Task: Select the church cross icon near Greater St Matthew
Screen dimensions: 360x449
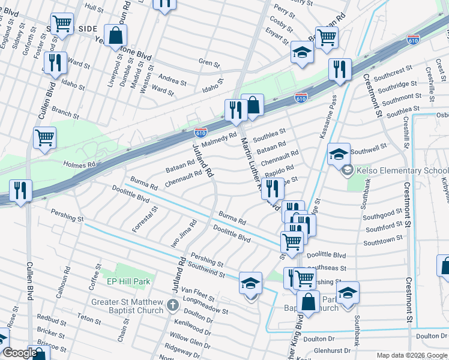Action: [x=172, y=305]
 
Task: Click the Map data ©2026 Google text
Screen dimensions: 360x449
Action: [x=411, y=355]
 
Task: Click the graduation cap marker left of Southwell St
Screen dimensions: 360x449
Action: [x=339, y=154]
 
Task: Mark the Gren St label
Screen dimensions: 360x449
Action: [x=209, y=62]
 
